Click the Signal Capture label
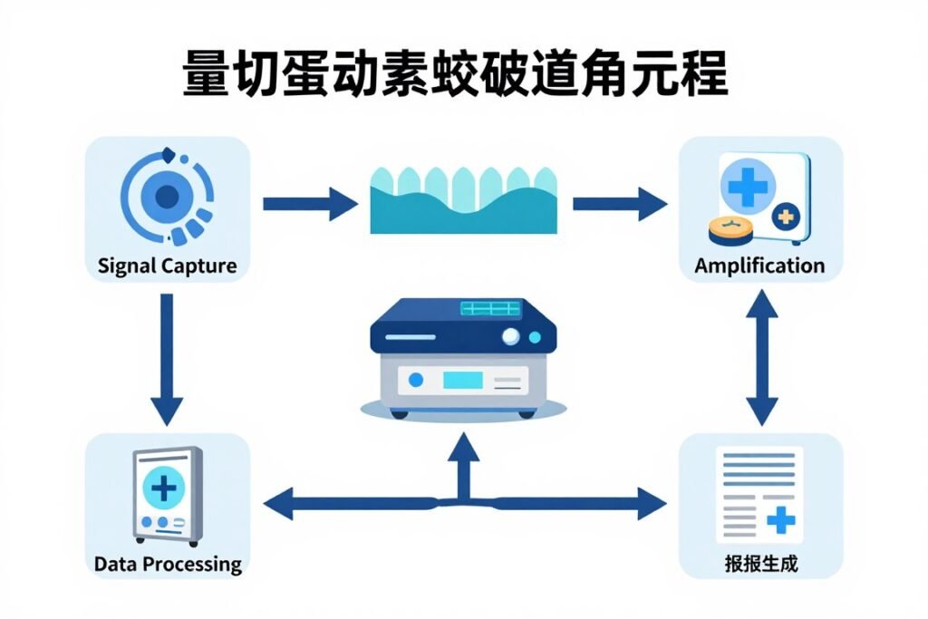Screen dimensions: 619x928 click(x=167, y=266)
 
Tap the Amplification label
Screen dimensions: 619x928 click(x=759, y=266)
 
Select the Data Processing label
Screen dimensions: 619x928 click(x=168, y=564)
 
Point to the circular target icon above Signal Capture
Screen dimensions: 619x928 click(x=167, y=196)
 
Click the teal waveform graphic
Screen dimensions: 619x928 click(x=463, y=200)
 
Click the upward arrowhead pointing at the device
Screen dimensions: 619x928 click(x=463, y=447)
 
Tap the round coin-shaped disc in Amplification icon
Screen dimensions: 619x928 click(x=730, y=230)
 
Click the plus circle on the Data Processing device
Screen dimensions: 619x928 click(x=164, y=488)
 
